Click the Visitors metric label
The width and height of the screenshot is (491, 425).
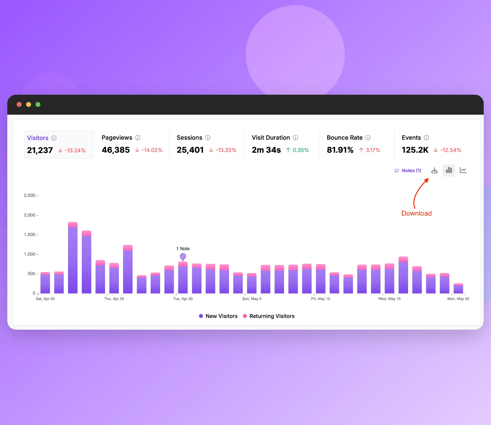pos(38,138)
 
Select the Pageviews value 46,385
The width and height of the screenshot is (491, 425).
pos(116,150)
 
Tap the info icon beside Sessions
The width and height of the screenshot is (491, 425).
pos(208,138)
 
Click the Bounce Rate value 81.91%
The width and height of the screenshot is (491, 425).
pos(340,150)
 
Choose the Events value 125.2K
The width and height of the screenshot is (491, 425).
pos(415,150)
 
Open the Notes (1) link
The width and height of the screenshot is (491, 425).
pos(408,171)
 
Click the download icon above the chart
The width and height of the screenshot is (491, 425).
pos(434,170)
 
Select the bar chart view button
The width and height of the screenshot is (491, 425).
pos(449,170)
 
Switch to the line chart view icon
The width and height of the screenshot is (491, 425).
pos(463,170)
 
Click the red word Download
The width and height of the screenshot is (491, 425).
pos(417,213)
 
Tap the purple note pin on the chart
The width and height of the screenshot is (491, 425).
pos(183,257)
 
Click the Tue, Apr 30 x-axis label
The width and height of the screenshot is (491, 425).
pos(183,299)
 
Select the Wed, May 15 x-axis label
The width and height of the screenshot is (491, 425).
pos(390,299)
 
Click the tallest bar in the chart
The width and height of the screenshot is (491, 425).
pos(73,258)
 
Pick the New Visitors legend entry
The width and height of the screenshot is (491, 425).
pos(218,316)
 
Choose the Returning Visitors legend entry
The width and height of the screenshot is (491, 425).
pos(269,316)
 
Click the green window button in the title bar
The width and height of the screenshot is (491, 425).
pos(38,104)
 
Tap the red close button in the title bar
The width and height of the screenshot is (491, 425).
pos(19,104)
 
